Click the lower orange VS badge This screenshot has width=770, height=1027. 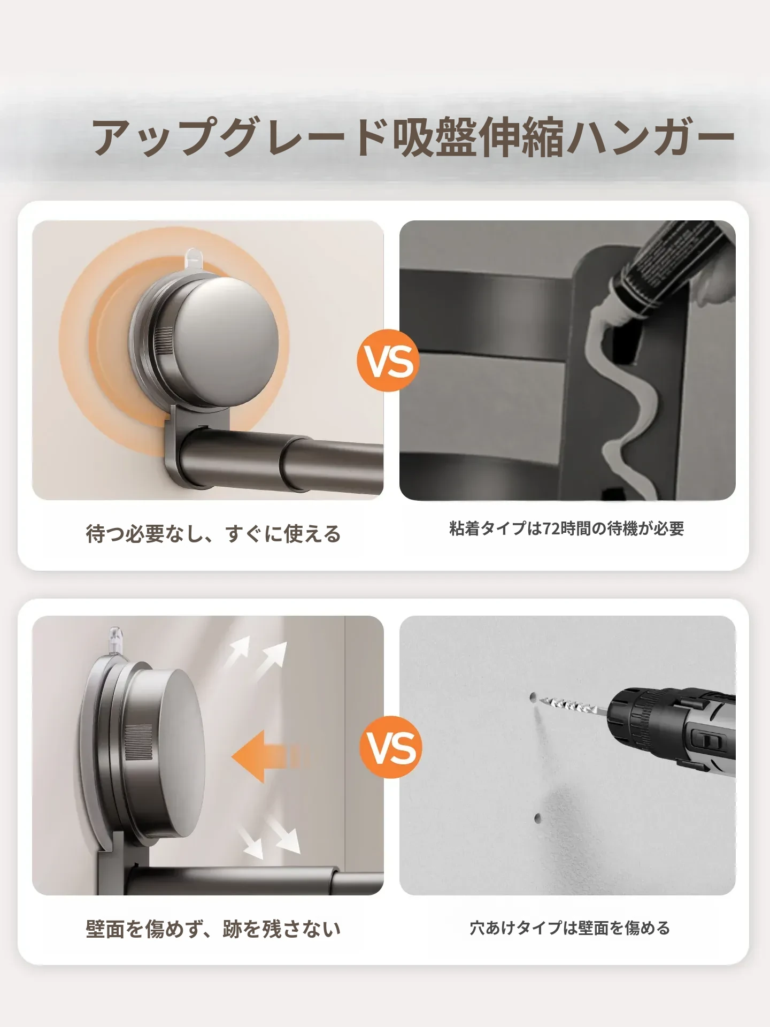coord(391,747)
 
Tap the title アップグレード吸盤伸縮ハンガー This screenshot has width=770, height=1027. coord(413,138)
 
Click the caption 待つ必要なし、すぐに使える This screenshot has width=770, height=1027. coord(213,534)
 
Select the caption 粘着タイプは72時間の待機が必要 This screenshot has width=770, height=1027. coord(567,528)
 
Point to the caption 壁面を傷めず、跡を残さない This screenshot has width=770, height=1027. coord(213,929)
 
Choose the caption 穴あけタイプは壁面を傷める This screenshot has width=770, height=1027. coord(569,928)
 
